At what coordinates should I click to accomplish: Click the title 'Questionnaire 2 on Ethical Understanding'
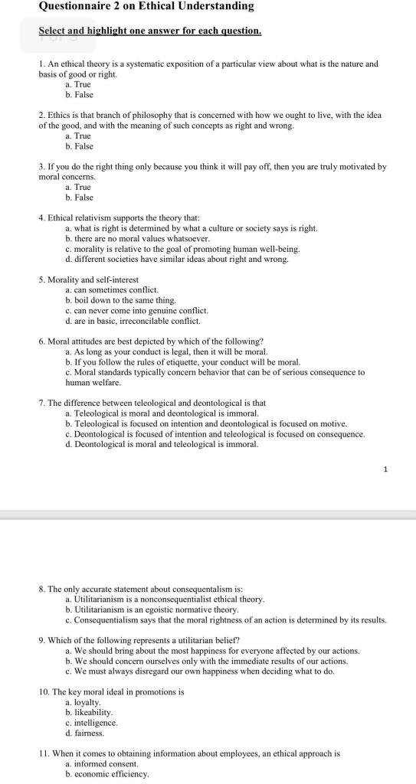point(146,6)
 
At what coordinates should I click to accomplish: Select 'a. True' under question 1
point(77,84)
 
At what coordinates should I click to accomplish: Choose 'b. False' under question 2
point(79,145)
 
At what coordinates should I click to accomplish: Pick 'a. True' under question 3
point(77,187)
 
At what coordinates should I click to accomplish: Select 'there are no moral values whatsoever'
point(137,239)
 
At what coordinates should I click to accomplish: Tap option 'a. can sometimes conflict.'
point(112,290)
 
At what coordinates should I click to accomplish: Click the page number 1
point(387,469)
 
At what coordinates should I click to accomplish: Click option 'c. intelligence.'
point(91,723)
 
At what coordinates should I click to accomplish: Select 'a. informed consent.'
point(102,763)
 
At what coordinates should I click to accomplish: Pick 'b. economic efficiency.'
point(106,773)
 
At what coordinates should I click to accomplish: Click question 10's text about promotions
point(111,692)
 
